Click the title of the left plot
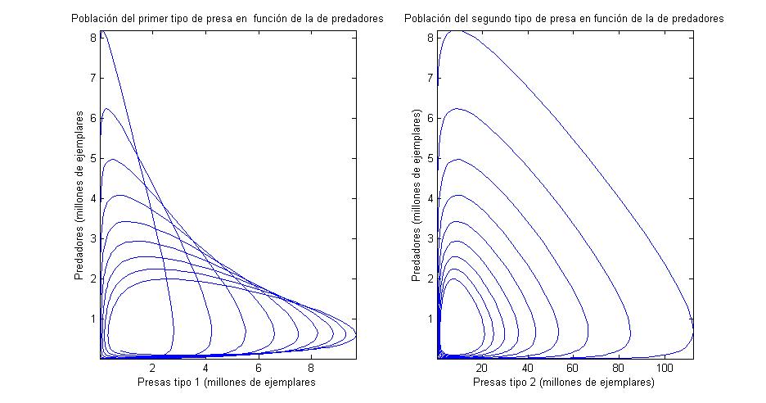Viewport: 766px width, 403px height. (228, 18)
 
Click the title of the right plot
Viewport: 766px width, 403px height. (565, 18)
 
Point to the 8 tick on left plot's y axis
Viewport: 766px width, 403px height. (93, 38)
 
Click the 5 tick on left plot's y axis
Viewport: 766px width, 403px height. (93, 158)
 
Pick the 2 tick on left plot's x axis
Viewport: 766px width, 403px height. (153, 369)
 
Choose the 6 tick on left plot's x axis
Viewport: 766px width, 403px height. (259, 369)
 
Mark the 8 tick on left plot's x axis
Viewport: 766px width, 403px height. (311, 369)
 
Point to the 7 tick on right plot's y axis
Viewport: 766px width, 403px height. (430, 78)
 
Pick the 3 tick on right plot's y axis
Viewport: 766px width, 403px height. (430, 238)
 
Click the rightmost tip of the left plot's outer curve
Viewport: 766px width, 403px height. (356, 333)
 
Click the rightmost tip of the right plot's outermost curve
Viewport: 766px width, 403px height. (693, 332)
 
